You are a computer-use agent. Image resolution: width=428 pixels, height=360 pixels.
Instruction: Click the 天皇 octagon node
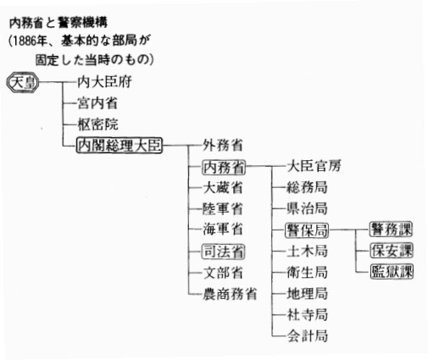(x=23, y=82)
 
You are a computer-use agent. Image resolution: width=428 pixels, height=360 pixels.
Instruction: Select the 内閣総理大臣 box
(x=120, y=146)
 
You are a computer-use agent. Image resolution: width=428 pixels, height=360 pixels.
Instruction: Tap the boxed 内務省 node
(x=224, y=167)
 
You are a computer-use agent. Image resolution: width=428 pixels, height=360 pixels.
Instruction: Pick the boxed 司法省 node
(x=223, y=252)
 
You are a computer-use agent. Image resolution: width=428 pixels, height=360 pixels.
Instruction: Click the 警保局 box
(x=307, y=230)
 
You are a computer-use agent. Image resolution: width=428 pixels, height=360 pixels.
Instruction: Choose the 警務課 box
(x=391, y=230)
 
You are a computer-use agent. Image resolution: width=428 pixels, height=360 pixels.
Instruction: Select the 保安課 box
(x=392, y=251)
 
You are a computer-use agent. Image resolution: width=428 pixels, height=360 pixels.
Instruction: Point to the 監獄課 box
(x=392, y=272)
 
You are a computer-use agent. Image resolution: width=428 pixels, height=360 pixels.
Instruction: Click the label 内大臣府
(x=104, y=82)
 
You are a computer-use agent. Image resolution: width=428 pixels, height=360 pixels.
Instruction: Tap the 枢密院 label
(x=97, y=125)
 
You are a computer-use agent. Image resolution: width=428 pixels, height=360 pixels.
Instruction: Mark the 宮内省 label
(x=97, y=103)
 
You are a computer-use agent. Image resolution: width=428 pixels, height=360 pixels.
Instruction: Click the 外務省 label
(x=223, y=146)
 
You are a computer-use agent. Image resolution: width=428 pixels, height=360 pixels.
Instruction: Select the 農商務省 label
(x=230, y=294)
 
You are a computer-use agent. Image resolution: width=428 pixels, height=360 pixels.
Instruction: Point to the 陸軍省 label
(x=223, y=209)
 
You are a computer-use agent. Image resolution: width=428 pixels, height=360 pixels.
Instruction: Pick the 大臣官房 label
(x=314, y=166)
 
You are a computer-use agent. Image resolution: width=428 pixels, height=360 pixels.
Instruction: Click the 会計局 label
(x=308, y=336)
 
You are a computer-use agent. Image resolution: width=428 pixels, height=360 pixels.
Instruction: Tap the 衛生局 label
(x=308, y=273)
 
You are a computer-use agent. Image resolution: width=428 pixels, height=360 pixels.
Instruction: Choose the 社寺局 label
(x=308, y=315)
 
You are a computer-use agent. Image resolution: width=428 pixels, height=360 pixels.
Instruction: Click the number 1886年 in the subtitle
(x=30, y=42)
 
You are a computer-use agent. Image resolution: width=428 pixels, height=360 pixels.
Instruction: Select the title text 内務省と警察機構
(x=58, y=23)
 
